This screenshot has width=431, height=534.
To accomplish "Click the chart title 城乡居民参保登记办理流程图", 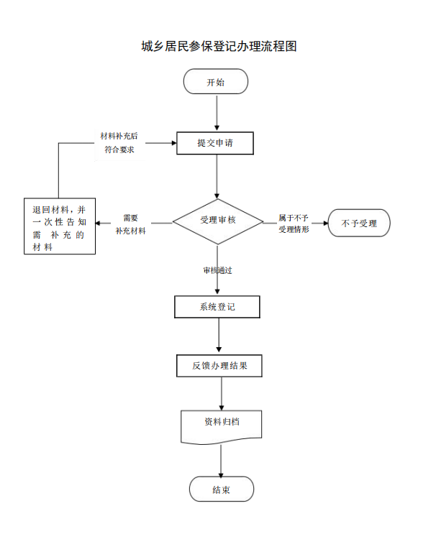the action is [x=219, y=46].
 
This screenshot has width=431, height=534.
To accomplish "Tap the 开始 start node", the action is [x=216, y=81].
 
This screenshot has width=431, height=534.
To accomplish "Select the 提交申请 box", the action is [x=215, y=143].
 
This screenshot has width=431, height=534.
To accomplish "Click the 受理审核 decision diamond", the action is [x=217, y=221].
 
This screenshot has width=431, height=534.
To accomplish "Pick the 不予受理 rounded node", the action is [x=359, y=223].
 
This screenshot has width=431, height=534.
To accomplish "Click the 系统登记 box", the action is [x=217, y=307].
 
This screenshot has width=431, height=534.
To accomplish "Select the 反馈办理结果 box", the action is [x=219, y=366].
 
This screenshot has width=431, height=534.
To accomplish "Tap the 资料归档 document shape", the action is [x=222, y=427].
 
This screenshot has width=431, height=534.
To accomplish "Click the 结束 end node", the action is [x=222, y=489].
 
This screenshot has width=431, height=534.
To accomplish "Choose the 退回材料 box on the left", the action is [x=60, y=226].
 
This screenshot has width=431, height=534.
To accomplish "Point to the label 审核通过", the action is [x=217, y=270].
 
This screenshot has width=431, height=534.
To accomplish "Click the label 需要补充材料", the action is [x=131, y=224].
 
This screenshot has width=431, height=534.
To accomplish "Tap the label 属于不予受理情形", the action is [x=294, y=224].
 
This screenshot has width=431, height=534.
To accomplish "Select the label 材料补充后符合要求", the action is [x=119, y=143].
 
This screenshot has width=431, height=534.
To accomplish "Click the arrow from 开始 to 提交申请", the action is [x=217, y=113].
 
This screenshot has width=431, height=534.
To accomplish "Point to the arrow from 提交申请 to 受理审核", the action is [x=217, y=177].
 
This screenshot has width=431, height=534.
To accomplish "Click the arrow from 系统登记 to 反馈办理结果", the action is [x=219, y=335].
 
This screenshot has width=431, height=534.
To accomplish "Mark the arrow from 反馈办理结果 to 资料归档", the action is [x=222, y=394].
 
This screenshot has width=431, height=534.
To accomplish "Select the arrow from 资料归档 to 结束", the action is [x=221, y=461].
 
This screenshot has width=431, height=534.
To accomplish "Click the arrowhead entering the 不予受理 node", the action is [x=326, y=224].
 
